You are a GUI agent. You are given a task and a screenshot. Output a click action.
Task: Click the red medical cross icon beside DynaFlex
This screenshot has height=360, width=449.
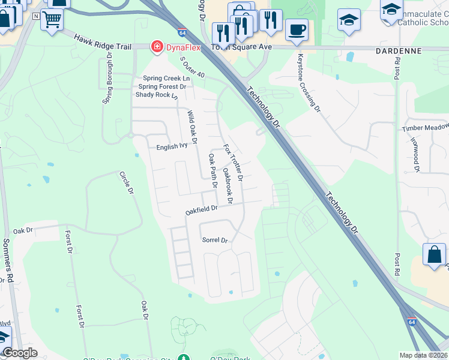(157, 46)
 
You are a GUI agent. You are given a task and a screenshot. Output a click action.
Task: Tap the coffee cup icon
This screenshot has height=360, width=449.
(297, 30)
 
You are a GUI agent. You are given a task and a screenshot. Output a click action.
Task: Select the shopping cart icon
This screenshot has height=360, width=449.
(52, 20)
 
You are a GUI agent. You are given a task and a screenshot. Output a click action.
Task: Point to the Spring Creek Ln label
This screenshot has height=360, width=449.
(166, 79)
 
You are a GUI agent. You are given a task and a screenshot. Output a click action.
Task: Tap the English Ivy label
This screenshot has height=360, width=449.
(172, 146)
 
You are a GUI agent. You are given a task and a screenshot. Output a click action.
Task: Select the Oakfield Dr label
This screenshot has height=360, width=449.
(200, 210)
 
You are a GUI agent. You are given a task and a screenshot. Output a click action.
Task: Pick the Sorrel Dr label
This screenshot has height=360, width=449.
(215, 240)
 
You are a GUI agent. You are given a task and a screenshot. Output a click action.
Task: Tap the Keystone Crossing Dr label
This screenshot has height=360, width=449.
(309, 81)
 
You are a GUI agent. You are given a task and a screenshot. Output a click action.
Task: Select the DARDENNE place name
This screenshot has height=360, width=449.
(399, 52)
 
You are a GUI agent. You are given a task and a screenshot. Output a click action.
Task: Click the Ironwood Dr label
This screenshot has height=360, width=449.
(415, 154)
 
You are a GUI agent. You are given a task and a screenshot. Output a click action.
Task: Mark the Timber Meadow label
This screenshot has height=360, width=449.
(425, 128)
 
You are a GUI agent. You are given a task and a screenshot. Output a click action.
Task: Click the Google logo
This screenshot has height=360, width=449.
(20, 353)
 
